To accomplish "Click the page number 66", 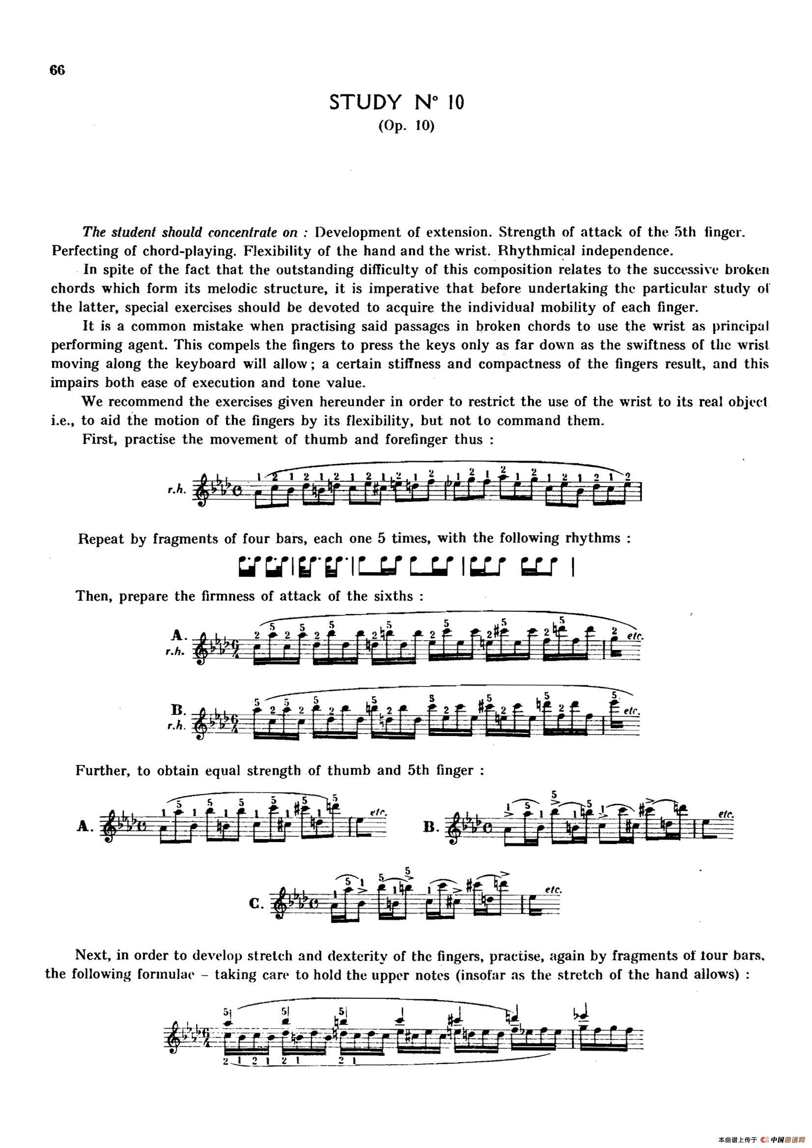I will [x=57, y=71].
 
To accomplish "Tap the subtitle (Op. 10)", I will [x=406, y=127].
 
